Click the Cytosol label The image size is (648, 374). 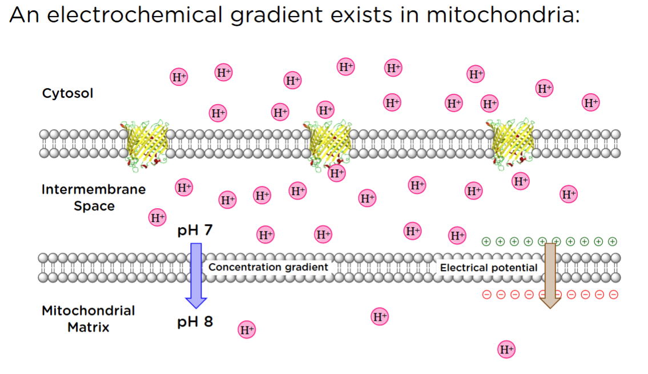(67, 93)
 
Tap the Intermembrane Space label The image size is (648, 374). (94, 197)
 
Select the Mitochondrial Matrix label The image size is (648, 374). (88, 319)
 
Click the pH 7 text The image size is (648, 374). (195, 231)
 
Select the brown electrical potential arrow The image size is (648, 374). (550, 274)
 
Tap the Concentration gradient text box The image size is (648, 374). (268, 267)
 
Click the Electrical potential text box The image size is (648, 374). (489, 268)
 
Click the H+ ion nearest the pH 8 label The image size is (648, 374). (247, 329)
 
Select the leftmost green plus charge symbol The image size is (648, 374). (486, 241)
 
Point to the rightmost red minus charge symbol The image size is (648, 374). (614, 295)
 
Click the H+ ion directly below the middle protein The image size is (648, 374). (337, 172)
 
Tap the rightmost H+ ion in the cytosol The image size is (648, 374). (591, 103)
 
